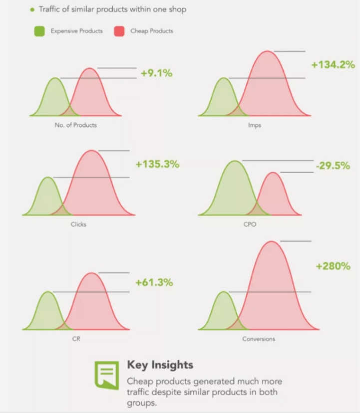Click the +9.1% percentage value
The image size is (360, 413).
pos(157,73)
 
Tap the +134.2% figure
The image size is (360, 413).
pos(334,64)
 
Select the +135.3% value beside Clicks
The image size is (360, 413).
pos(157,164)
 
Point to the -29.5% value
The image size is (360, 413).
pos(333,166)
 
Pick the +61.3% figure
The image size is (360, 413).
pos(154,282)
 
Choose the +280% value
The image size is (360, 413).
pos(334,266)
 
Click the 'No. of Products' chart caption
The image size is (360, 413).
pos(76,125)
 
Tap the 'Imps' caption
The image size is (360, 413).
pos(255,125)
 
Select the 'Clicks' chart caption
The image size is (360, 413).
pos(78,224)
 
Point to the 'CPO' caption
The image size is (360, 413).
pos(250,224)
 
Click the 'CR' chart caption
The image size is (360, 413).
pos(76,339)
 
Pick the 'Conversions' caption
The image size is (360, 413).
pos(259,339)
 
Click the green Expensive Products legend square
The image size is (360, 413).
pos(39,31)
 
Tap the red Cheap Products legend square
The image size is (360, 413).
pos(119,31)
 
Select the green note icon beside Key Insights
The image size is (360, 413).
pos(106,375)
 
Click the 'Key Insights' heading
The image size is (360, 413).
pos(160,365)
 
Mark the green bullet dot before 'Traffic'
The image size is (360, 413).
pos(32,10)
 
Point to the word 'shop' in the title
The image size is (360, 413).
pos(177,9)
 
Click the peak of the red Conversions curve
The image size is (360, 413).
pos(272,241)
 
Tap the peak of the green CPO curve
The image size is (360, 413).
pos(235,161)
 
